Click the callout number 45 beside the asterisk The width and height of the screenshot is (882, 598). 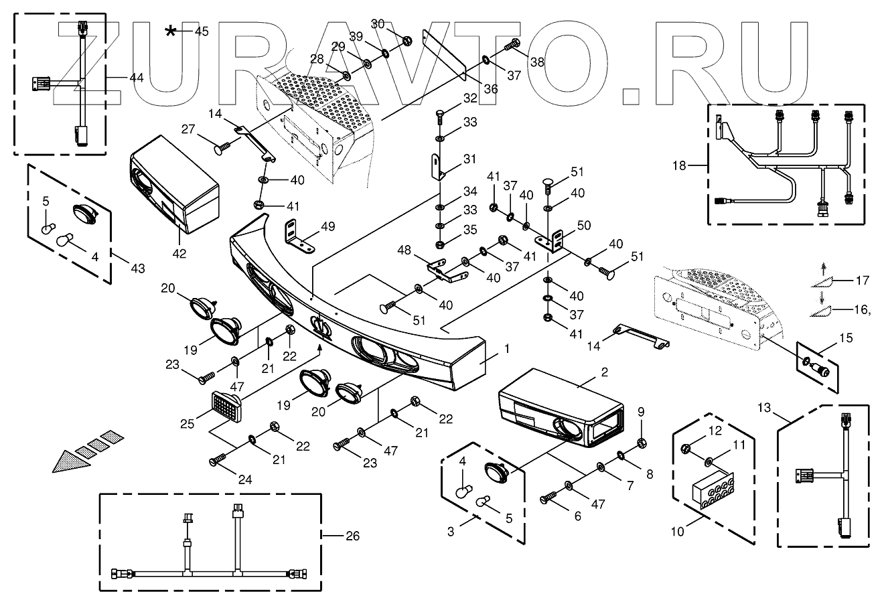[x=202, y=31]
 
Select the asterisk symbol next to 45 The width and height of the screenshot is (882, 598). [x=173, y=31]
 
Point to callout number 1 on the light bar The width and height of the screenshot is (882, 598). [x=507, y=348]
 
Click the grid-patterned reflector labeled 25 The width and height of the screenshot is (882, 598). [x=225, y=404]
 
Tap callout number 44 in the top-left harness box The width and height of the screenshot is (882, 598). [x=137, y=78]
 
